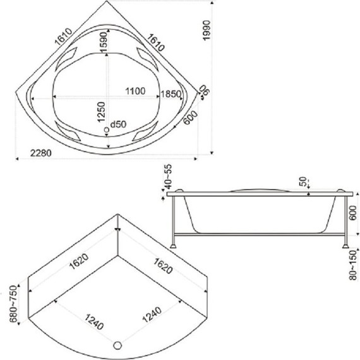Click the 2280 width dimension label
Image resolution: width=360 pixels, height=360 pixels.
[41, 153]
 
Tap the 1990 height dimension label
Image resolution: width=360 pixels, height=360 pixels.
[207, 30]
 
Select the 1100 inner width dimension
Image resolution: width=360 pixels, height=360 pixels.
[135, 91]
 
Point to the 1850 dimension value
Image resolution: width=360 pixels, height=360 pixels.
[171, 94]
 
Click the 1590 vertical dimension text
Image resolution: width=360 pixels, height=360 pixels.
[104, 42]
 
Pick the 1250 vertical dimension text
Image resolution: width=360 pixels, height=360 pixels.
[101, 112]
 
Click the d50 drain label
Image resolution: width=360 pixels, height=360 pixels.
[118, 124]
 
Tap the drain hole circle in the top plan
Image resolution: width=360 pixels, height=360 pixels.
[107, 130]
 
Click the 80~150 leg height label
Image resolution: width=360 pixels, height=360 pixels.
[354, 265]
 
